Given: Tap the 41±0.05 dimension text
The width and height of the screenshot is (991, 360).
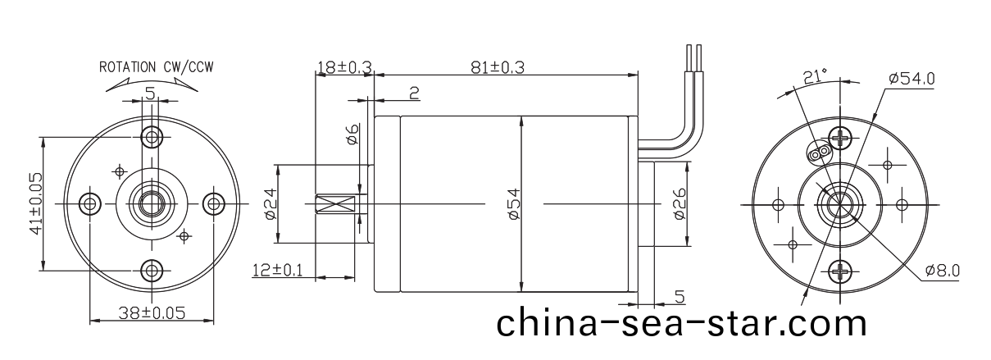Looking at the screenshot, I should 36,203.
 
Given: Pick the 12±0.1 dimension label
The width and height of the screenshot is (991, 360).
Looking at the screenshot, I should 277,269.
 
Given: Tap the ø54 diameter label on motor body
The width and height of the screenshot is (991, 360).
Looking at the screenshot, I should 514,203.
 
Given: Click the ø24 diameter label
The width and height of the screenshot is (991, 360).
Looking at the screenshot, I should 270,203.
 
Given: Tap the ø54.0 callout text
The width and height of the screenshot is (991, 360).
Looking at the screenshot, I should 911,79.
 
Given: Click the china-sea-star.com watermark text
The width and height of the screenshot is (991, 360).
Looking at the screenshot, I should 681,322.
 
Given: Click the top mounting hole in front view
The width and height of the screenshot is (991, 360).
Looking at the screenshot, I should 151,135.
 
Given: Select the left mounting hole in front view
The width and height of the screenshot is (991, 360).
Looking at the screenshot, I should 88,203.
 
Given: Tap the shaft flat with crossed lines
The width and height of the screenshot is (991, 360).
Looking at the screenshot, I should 338,203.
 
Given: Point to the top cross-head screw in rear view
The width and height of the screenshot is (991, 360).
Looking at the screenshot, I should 842,136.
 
